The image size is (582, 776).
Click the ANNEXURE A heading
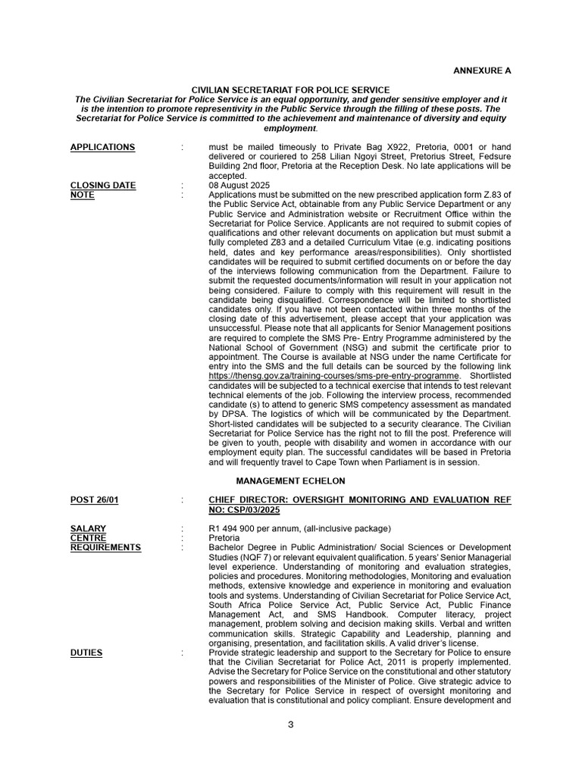482,70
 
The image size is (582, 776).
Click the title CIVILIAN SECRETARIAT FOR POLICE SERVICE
290,90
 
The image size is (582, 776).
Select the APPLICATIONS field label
102,147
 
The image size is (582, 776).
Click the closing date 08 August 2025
239,185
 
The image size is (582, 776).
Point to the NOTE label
82,195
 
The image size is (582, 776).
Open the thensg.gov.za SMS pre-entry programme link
334,376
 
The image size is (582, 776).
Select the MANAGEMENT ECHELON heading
290,480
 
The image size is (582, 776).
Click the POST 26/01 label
94,500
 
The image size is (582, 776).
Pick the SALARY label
88,528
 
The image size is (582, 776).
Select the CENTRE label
88,537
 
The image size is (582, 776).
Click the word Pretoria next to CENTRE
224,537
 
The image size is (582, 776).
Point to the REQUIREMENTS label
105,547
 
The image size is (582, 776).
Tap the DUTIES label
86,652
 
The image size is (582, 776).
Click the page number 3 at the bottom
290,724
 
